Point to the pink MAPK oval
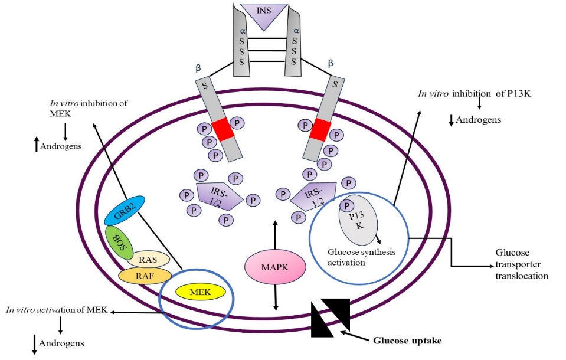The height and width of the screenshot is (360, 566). point(275,268)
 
